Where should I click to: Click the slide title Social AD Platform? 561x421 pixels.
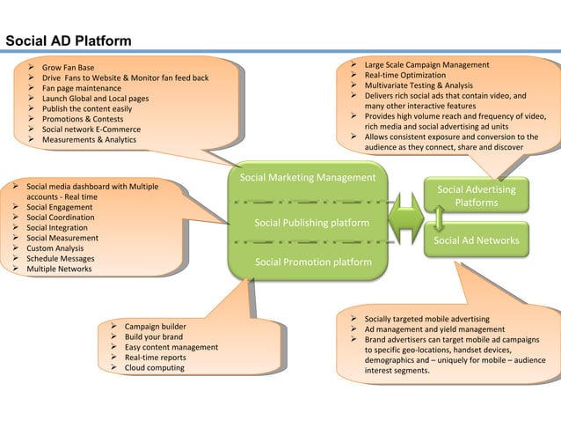tap(69, 41)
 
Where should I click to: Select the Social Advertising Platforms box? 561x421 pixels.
tap(477, 196)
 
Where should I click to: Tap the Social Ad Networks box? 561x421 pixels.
tap(477, 240)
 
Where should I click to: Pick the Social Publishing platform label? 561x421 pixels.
tap(312, 223)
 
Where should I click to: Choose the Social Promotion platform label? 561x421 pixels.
tap(312, 262)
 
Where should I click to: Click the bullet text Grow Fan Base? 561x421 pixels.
tap(68, 67)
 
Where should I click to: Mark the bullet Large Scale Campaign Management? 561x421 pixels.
tap(427, 65)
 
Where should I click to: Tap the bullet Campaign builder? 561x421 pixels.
tap(155, 326)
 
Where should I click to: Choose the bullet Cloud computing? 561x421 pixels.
tap(154, 367)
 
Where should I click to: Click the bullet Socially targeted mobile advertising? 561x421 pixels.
tap(426, 318)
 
